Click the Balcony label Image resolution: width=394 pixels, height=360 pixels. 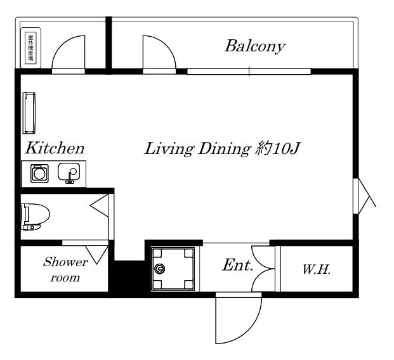point(255,46)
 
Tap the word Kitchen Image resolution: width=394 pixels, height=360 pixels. point(55,148)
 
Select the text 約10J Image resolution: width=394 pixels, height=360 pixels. point(278,148)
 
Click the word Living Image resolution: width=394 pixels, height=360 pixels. point(169,149)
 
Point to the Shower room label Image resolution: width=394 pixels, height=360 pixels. point(65,269)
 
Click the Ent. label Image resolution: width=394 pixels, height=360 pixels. point(237,265)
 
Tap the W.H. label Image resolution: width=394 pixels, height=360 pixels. point(317,269)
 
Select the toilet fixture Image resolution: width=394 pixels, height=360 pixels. point(35,217)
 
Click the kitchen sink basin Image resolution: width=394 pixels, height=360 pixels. point(69,172)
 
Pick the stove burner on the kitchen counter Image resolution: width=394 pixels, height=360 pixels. point(39,173)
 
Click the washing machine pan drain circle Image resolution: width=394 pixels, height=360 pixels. point(159,269)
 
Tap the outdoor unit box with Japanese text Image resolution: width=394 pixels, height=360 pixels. point(30,48)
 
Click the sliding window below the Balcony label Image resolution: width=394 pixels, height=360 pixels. point(249,71)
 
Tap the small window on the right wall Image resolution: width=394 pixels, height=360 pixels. point(355,196)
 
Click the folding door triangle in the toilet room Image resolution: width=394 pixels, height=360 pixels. point(100,205)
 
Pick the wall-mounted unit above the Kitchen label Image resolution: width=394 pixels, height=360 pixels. point(29,113)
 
